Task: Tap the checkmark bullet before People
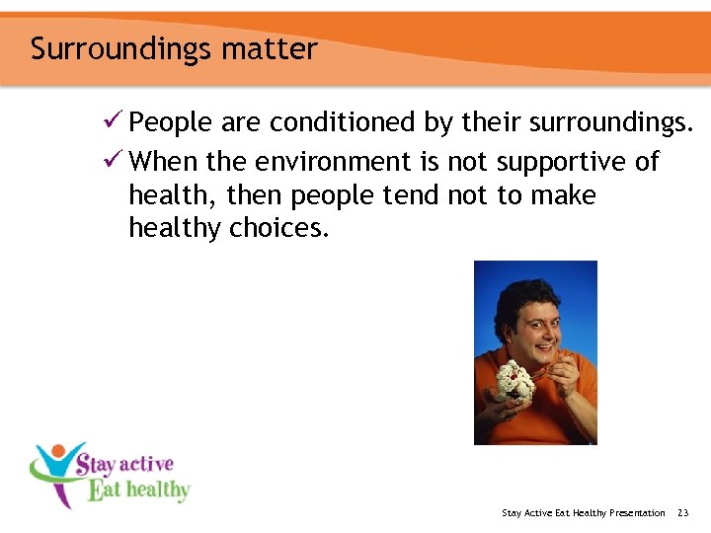(x=114, y=122)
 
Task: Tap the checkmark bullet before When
(x=114, y=161)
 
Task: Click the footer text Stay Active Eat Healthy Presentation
(x=583, y=512)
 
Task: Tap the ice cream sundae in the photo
(x=513, y=380)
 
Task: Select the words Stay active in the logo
(x=124, y=464)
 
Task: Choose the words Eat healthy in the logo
(x=138, y=490)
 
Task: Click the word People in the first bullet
(x=172, y=122)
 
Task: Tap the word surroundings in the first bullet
(x=611, y=122)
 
